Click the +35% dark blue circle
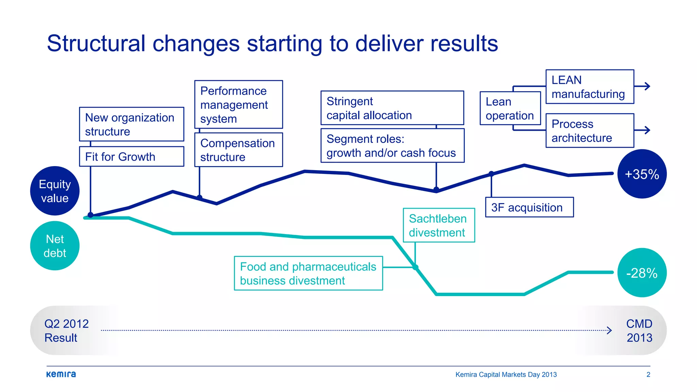click(642, 174)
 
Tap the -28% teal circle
click(642, 273)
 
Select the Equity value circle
click(55, 191)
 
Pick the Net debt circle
click(55, 246)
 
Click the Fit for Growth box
click(131, 157)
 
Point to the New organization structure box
click(131, 124)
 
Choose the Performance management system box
click(238, 104)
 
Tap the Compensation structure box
click(238, 150)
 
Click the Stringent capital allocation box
click(392, 108)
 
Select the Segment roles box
click(392, 146)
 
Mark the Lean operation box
click(510, 108)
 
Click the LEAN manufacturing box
click(589, 87)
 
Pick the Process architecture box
click(589, 131)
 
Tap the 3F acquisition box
click(529, 207)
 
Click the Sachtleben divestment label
click(439, 225)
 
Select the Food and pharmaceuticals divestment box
click(308, 273)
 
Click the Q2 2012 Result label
click(66, 330)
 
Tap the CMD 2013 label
click(639, 330)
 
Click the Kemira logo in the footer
click(61, 374)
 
